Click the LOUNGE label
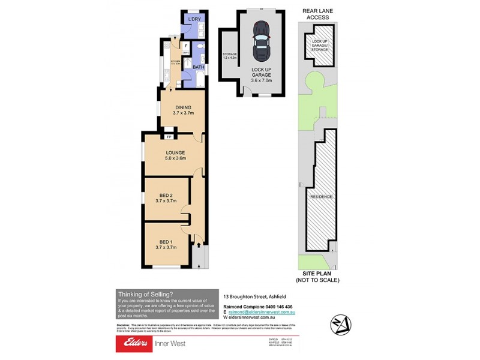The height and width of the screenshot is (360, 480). pyautogui.click(x=175, y=152)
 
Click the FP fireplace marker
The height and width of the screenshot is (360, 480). pyautogui.click(x=169, y=137)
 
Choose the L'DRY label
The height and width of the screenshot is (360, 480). pyautogui.click(x=194, y=20)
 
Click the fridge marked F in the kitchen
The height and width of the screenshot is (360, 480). pyautogui.click(x=186, y=45)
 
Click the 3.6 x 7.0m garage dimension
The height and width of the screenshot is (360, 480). pyautogui.click(x=262, y=80)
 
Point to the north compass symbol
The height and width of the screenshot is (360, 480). pyautogui.click(x=340, y=325)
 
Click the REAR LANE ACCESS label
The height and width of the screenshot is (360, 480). pyautogui.click(x=317, y=14)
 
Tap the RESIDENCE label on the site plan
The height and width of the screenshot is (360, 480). pyautogui.click(x=321, y=197)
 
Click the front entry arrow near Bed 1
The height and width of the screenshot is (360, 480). pyautogui.click(x=197, y=245)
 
